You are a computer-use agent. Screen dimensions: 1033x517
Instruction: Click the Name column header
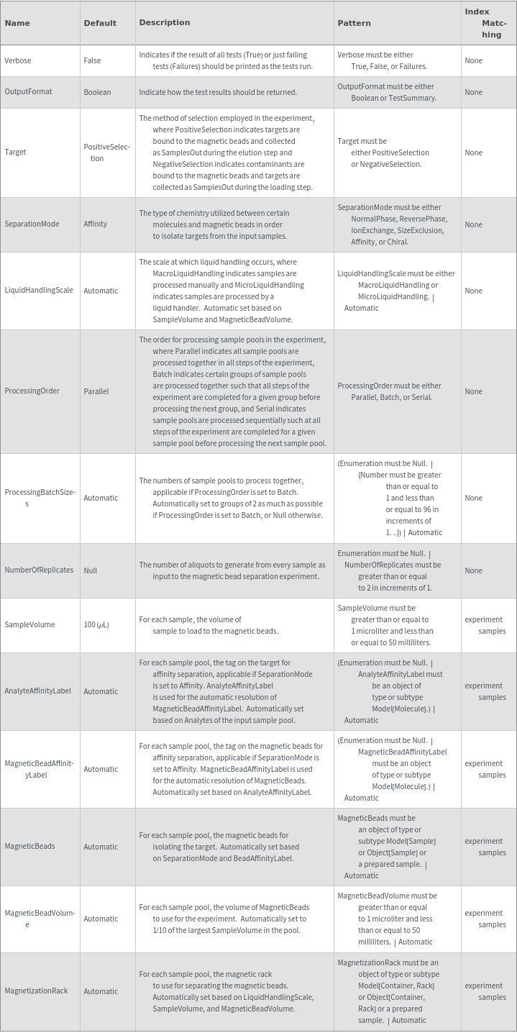(17, 23)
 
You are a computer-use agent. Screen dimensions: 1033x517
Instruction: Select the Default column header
(100, 23)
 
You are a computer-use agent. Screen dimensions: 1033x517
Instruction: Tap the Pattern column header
(354, 23)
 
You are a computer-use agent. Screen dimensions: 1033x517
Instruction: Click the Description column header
(165, 23)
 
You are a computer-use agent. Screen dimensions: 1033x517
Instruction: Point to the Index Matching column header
(485, 23)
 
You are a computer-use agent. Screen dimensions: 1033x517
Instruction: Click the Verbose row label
(18, 60)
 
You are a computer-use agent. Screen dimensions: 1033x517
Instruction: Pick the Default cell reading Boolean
(97, 92)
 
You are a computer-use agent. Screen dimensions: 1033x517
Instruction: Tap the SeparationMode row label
(32, 224)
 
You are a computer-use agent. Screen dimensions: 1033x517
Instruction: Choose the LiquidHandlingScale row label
(39, 291)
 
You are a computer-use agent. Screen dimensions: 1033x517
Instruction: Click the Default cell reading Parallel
(96, 391)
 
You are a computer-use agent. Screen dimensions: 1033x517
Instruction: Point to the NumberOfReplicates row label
(39, 570)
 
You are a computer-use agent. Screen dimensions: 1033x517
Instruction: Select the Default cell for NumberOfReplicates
(91, 570)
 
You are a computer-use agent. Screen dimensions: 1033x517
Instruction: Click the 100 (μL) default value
(96, 624)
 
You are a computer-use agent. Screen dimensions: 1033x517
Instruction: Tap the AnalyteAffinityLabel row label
(37, 691)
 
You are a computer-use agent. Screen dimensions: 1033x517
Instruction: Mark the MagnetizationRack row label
(36, 991)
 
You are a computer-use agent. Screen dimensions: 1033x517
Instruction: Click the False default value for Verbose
(92, 60)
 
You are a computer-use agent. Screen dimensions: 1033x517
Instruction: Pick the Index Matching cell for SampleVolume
(485, 625)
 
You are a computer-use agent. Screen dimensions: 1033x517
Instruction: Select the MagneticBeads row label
(29, 847)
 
